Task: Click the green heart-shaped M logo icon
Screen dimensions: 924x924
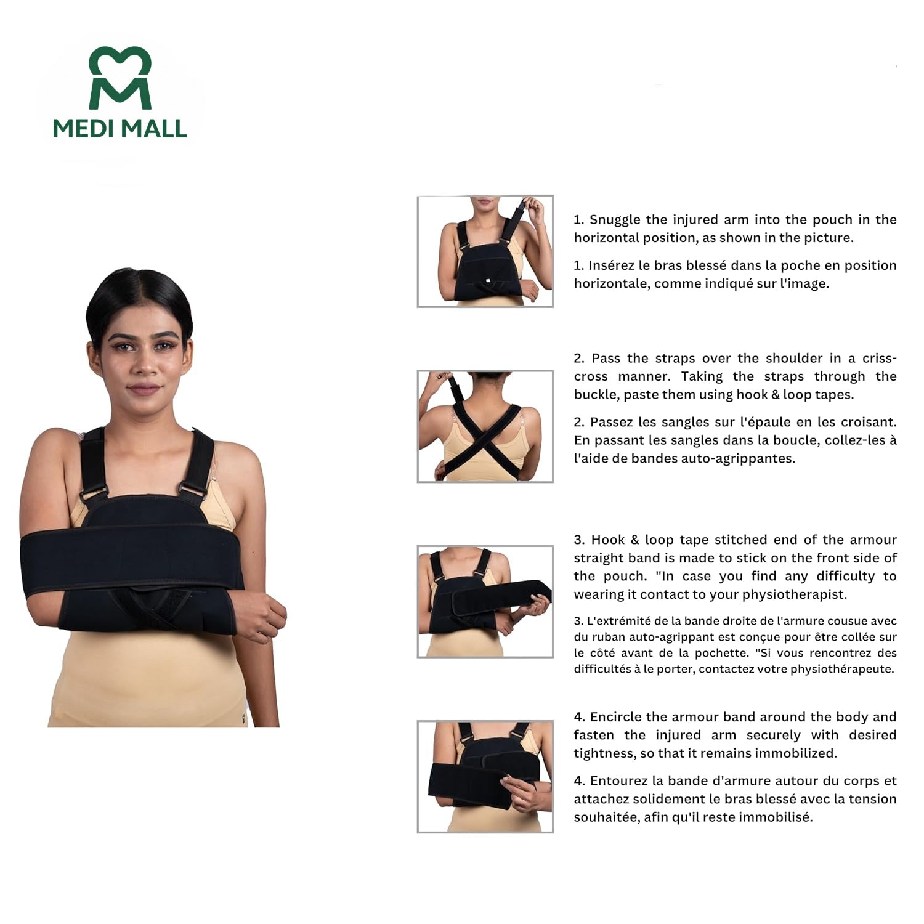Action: (120, 78)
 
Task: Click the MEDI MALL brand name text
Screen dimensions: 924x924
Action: (120, 128)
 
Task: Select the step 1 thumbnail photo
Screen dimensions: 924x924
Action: (485, 251)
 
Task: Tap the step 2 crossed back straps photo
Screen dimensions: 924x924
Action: (485, 426)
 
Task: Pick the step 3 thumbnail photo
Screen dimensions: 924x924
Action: (485, 601)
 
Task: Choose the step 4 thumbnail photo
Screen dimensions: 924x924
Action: (485, 776)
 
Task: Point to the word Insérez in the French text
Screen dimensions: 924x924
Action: (612, 265)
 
